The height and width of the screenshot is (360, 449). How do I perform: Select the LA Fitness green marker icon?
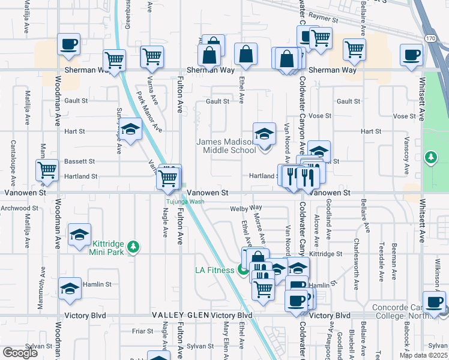(x=243, y=270)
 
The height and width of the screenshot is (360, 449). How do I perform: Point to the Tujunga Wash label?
(x=185, y=202)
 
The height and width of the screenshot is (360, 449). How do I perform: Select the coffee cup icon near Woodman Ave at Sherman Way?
(x=68, y=44)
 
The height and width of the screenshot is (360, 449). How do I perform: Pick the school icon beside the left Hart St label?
(x=130, y=129)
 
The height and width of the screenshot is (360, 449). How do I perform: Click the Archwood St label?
(x=21, y=208)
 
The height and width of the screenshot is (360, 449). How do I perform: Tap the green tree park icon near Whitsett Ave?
(x=430, y=158)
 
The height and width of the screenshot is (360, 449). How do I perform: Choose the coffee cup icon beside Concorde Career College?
(x=433, y=301)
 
